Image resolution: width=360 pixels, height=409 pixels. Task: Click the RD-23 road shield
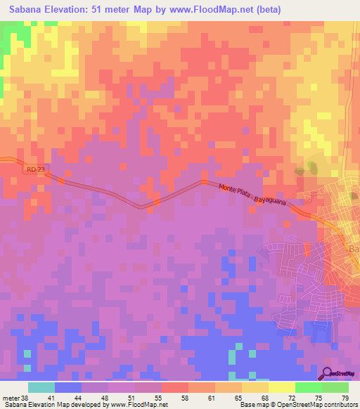tap(31, 169)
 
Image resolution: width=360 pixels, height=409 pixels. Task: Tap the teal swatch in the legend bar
tap(41, 387)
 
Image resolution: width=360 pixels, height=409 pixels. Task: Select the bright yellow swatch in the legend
tap(282, 387)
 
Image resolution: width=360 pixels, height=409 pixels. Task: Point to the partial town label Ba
tap(354, 250)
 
